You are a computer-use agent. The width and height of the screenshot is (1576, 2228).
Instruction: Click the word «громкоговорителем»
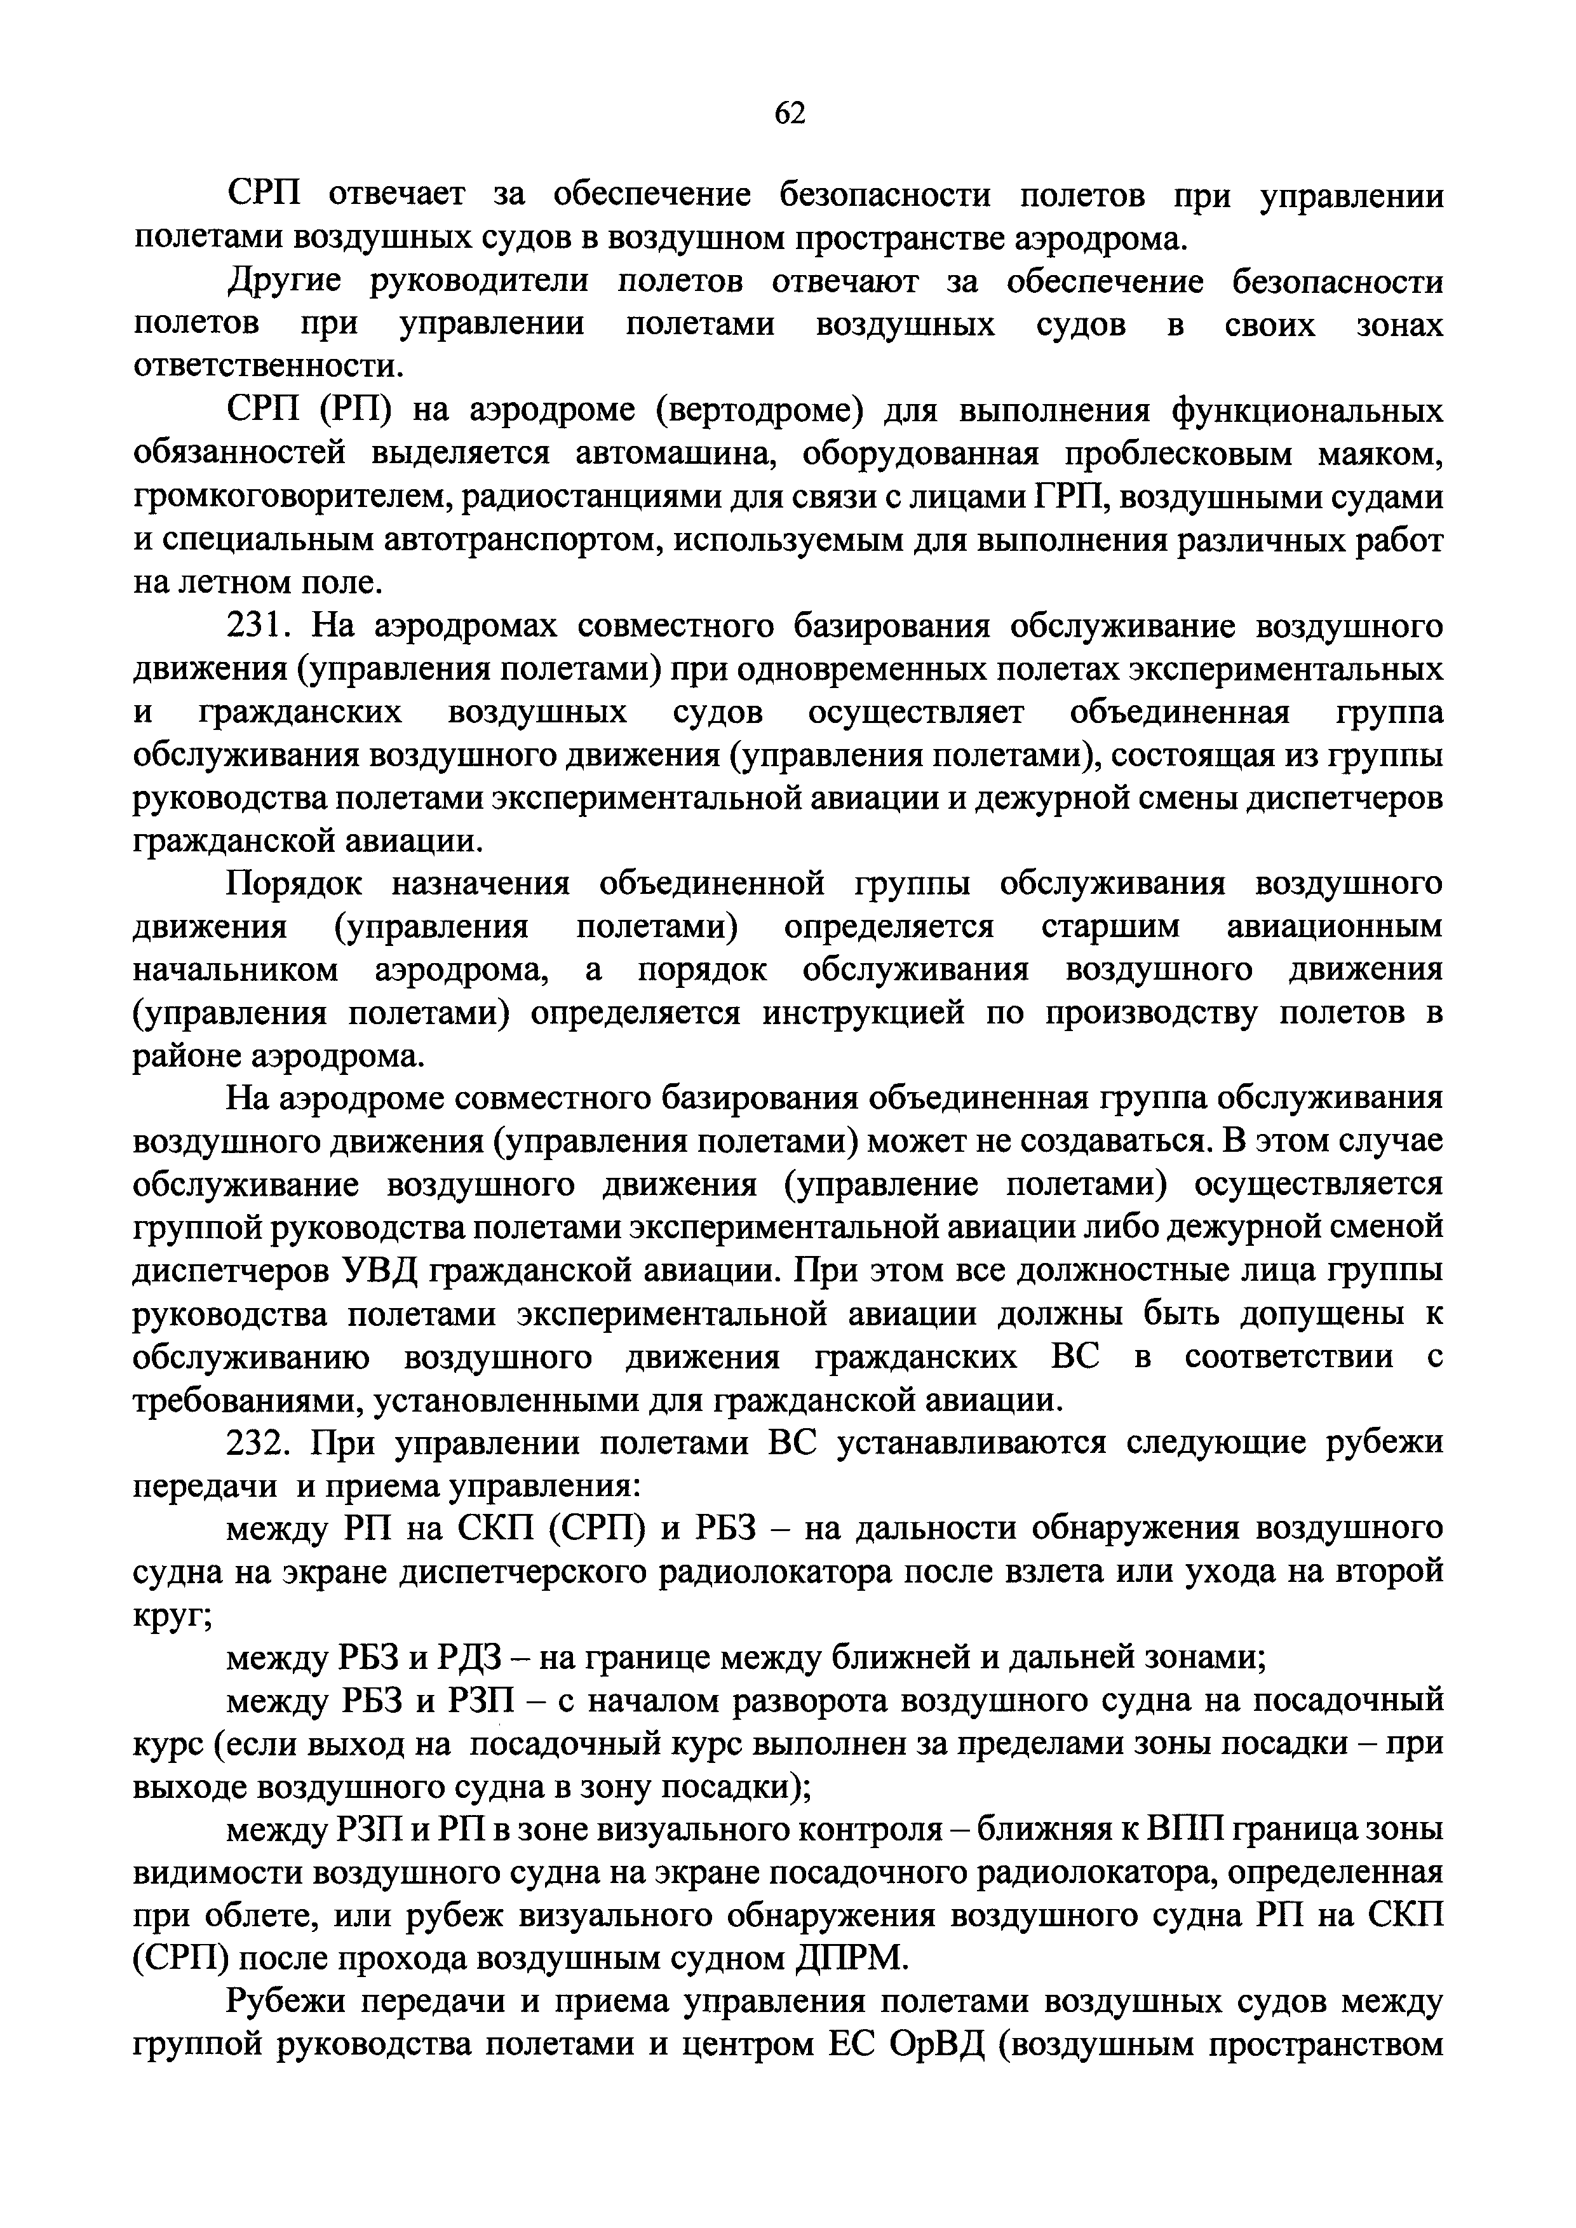[x=291, y=497]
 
